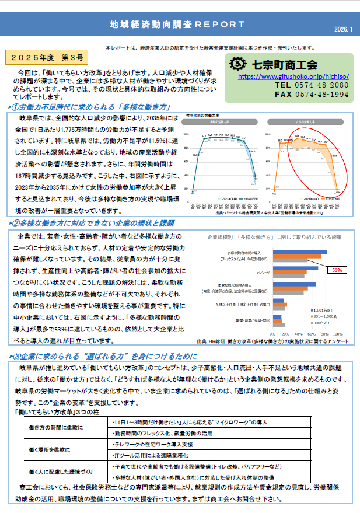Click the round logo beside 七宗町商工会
click(x=237, y=63)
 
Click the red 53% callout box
click(x=337, y=270)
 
